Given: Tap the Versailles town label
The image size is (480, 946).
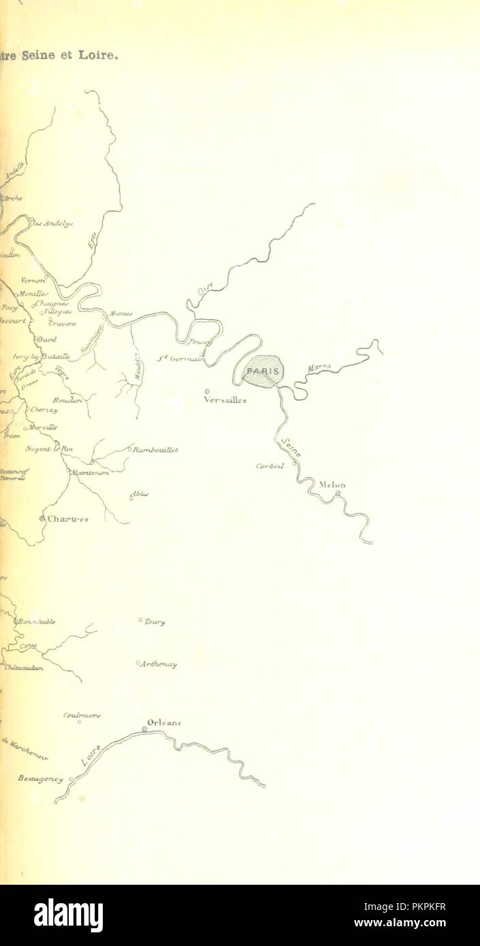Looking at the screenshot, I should coord(225,401).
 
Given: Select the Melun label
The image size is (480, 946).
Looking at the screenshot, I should coord(333,485).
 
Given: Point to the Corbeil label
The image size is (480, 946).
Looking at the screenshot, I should coord(269,466).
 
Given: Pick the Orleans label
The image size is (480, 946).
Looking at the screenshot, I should coord(164,723).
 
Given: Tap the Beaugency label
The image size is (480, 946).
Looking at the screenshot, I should coord(40,779).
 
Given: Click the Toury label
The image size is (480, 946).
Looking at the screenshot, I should coord(154,621).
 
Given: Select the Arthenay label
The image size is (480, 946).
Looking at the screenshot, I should coord(159,664).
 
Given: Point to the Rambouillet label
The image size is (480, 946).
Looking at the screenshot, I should coord(155,449).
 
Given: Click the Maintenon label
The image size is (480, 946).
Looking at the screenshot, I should coord(90,472).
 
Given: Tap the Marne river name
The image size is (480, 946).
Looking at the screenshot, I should coord(319,368).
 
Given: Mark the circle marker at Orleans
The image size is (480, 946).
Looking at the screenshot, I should coord(144,730).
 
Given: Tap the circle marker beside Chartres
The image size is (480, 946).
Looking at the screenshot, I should coord(42,519).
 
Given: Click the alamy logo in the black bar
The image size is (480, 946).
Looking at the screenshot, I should coord(68,915).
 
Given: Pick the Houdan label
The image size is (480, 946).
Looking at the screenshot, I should coord(67,401).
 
